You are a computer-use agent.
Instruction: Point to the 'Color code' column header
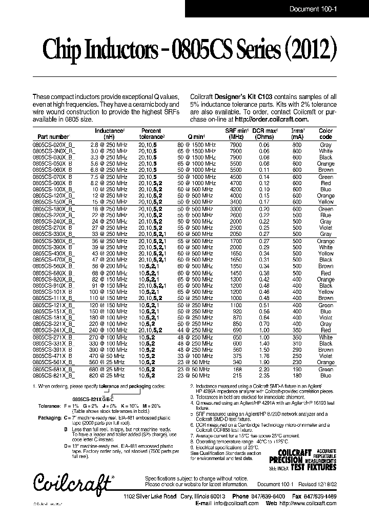pyautogui.click(x=325, y=134)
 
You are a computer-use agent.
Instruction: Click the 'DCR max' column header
pyautogui.click(x=265, y=131)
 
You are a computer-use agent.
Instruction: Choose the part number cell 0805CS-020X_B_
pyautogui.click(x=54, y=145)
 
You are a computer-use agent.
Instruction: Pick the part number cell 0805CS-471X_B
pyautogui.click(x=53, y=355)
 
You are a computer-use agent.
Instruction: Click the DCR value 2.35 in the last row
pyautogui.click(x=264, y=375)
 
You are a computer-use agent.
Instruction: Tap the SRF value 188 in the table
pyautogui.click(x=236, y=369)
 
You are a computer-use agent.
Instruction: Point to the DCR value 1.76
pyautogui.click(x=264, y=355)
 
